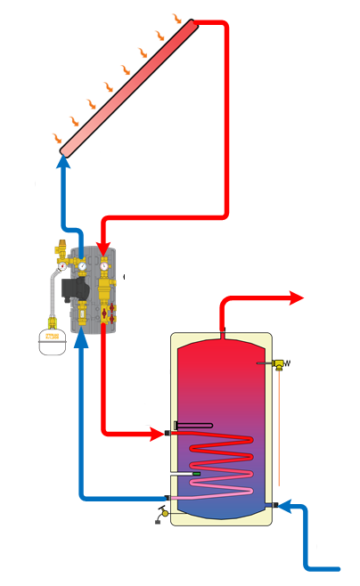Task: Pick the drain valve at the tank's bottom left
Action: pos(163,515)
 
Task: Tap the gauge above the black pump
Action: pos(81,264)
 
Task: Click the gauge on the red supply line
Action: pos(104,264)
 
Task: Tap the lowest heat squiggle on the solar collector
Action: pos(57,137)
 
